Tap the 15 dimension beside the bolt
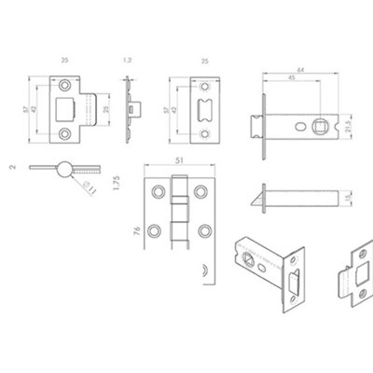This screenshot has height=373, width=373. click(x=348, y=199)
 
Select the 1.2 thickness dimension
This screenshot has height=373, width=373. click(x=128, y=61)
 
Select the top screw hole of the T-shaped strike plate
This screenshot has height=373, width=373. click(x=65, y=84)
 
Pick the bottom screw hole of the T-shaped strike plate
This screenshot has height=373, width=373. click(x=65, y=133)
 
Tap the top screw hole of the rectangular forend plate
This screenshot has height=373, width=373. click(x=204, y=84)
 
